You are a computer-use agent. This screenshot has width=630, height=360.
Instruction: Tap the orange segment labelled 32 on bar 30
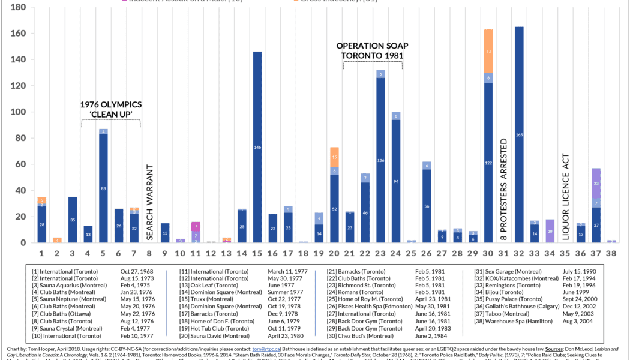coord(488,52)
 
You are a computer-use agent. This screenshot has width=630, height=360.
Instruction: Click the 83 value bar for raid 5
coord(103,188)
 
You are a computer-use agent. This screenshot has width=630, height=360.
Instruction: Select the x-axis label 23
coord(380,254)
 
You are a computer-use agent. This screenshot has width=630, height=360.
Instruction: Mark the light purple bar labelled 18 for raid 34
coord(550,231)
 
